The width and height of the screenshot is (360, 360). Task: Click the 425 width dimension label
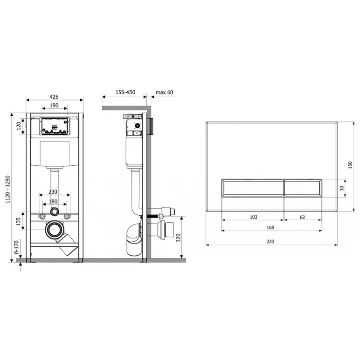[54, 96]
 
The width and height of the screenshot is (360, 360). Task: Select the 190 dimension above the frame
[54, 106]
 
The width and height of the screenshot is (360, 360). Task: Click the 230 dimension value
[54, 192]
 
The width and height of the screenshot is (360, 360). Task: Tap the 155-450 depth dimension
[125, 92]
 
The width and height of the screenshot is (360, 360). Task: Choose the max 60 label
[164, 92]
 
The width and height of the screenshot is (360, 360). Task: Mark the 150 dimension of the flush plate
[350, 166]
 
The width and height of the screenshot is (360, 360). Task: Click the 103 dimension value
[253, 217]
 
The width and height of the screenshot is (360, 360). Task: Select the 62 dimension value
[302, 217]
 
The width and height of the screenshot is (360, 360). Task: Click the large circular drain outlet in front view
[54, 230]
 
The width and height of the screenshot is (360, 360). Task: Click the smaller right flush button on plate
[303, 188]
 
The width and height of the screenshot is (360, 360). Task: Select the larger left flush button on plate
[252, 188]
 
